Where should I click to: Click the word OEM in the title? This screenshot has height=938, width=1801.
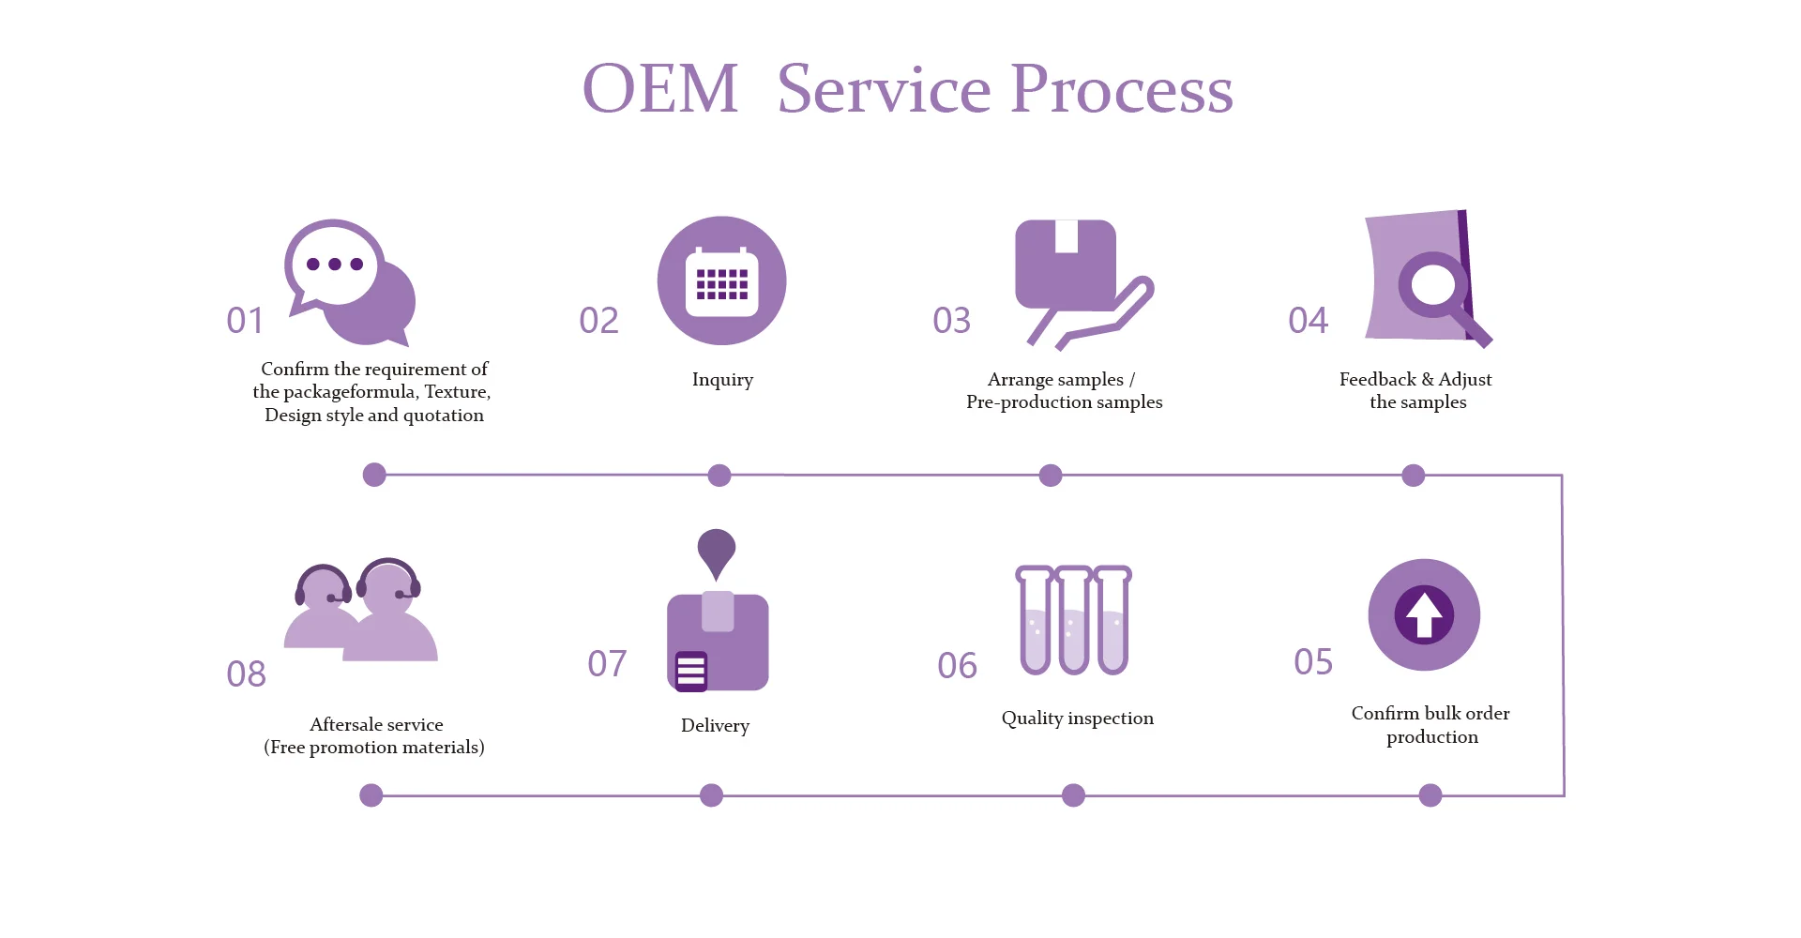660,89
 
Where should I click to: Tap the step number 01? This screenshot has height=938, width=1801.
245,321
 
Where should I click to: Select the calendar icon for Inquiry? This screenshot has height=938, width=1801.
721,280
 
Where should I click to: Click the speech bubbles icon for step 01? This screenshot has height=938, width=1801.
350,282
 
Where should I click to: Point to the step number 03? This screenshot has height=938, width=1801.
951,321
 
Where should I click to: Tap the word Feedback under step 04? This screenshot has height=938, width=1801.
1377,379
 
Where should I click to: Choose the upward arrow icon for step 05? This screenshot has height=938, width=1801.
1424,614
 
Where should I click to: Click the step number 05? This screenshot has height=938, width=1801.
1313,662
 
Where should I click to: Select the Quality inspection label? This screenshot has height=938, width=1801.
1078,719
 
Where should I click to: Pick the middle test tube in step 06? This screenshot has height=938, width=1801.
1074,620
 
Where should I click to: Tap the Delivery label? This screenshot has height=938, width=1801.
715,726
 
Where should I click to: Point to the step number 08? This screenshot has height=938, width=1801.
246,674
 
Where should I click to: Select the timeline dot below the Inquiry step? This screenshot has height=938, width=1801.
719,476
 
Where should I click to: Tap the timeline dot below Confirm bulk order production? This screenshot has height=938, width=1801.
1430,795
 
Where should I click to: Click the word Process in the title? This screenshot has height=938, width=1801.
1122,89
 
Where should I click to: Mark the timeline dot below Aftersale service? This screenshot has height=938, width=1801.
371,795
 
